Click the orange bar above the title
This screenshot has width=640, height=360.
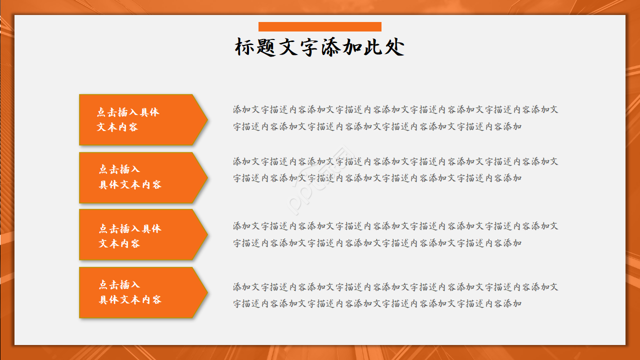pos(320,26)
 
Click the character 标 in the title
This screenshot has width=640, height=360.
pos(245,47)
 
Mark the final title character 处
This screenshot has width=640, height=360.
pos(394,47)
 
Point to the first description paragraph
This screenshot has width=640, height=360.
pos(395,118)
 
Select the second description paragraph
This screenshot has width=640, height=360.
pos(395,169)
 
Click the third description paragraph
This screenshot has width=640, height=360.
pos(395,234)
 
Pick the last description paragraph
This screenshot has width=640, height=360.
pos(395,295)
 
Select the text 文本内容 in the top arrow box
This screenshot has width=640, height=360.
pos(117,127)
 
